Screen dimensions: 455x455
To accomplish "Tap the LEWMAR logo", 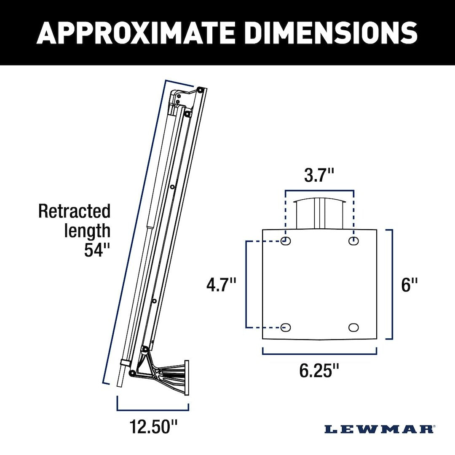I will point(379,429).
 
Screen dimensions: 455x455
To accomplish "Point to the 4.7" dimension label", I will point(221,285).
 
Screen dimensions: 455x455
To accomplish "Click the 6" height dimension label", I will point(409,285).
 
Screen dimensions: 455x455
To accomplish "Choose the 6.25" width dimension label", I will point(319,371).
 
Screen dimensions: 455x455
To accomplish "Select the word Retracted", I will point(74,211).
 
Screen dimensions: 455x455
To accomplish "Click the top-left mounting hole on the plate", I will point(286,241).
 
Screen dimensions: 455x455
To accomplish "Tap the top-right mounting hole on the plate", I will point(353,241).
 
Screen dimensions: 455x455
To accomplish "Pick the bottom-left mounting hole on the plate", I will point(286,327).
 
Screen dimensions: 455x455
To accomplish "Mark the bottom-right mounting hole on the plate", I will point(353,327).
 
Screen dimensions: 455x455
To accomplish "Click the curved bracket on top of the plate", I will point(319,213).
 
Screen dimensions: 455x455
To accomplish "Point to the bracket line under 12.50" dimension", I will point(153,409).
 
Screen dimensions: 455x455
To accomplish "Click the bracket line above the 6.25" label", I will point(319,353).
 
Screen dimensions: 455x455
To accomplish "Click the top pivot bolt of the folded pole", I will point(201,90).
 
